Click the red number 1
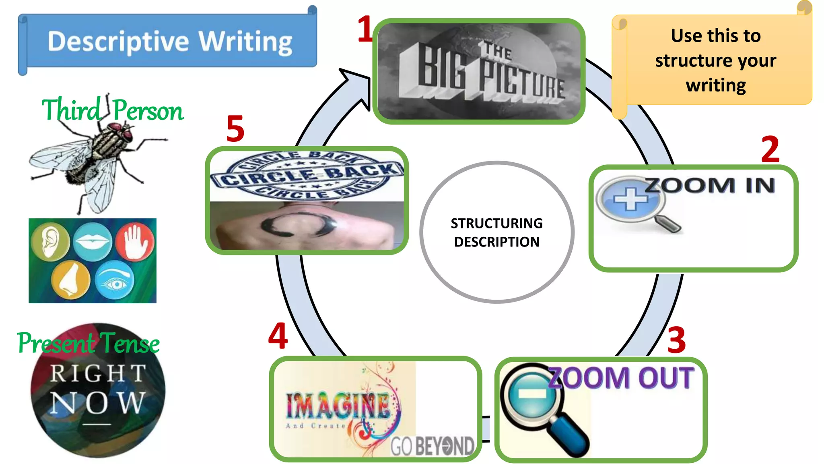click(x=365, y=29)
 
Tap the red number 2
click(x=770, y=149)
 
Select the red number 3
click(x=676, y=340)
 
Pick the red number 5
click(x=235, y=129)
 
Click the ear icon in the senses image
click(x=50, y=242)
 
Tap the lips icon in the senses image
click(x=93, y=242)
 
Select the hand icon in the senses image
click(x=135, y=242)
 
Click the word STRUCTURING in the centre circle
click(x=496, y=223)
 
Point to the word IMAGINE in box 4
click(x=338, y=406)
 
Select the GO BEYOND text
click(x=433, y=446)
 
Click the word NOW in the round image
click(x=97, y=403)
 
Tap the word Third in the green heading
click(x=71, y=110)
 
